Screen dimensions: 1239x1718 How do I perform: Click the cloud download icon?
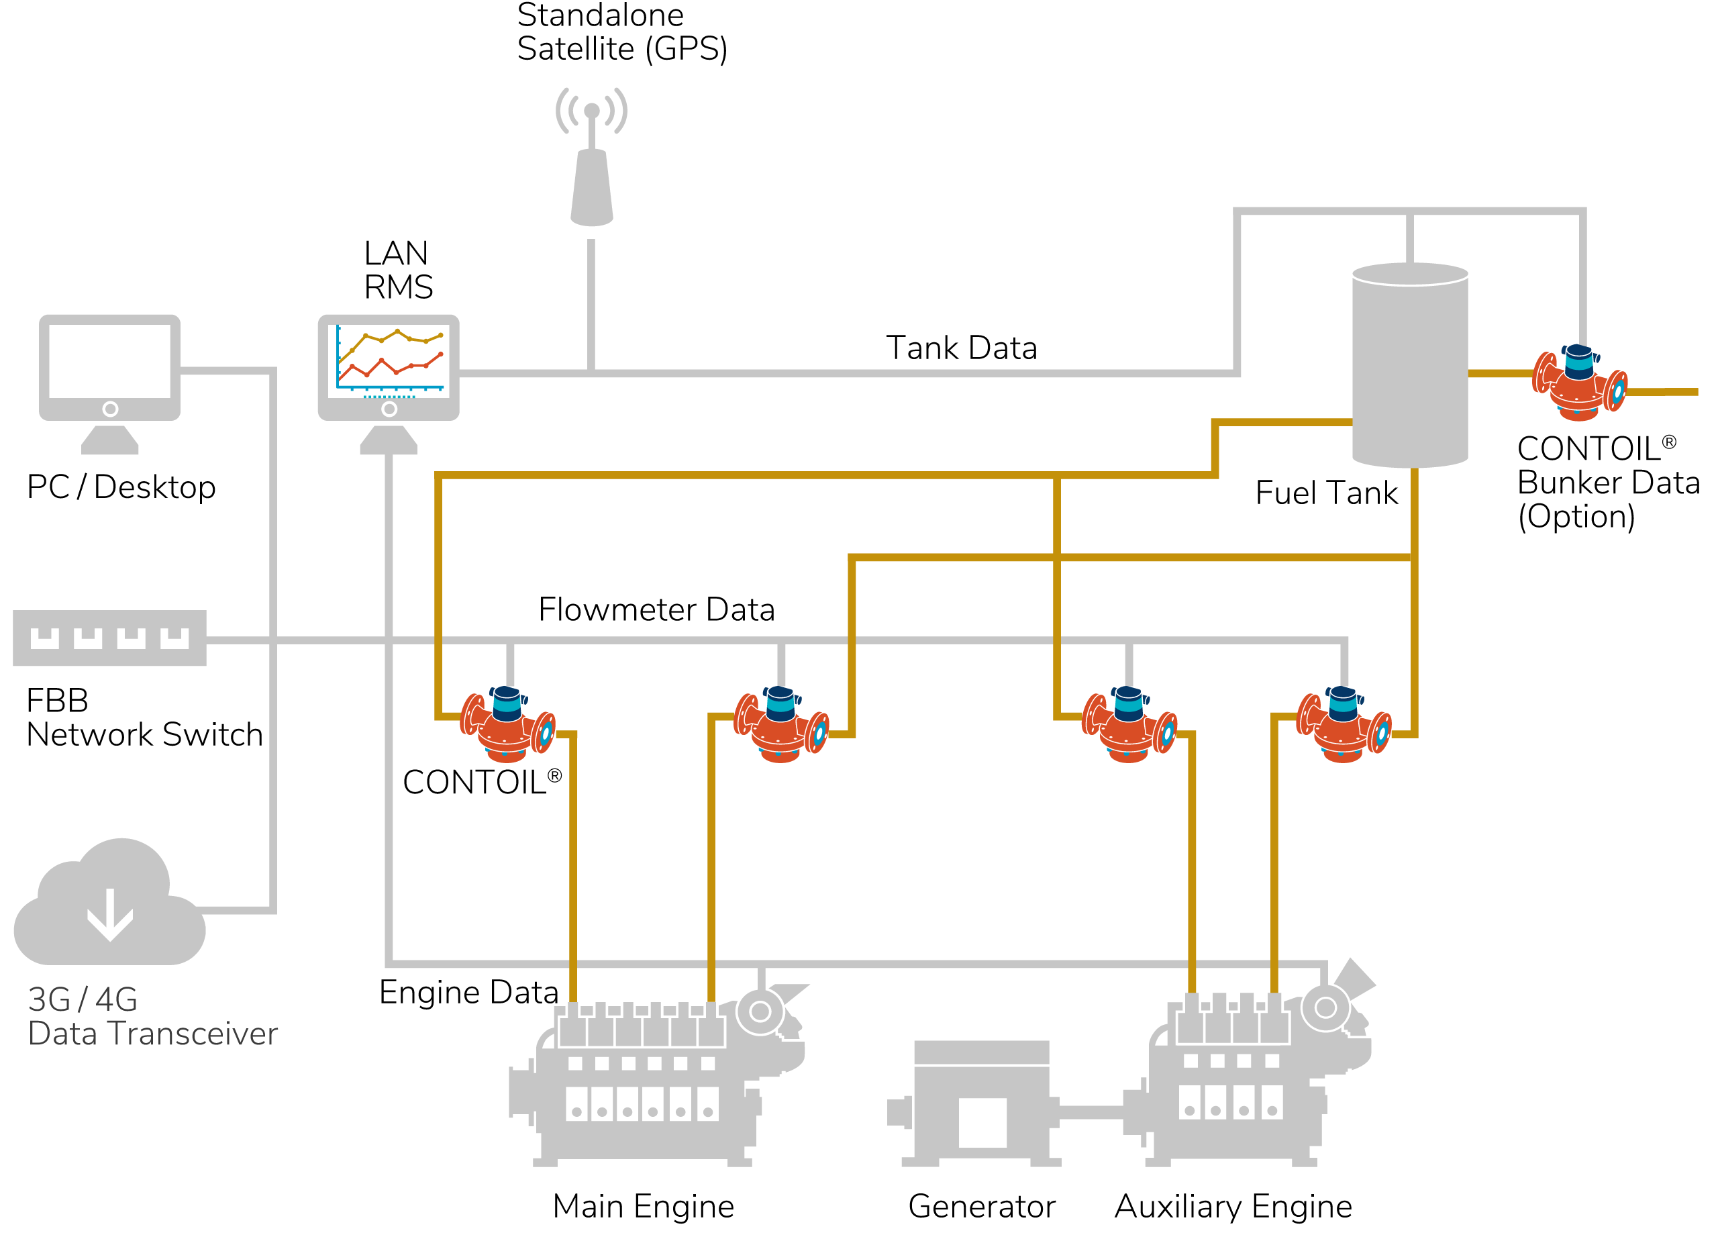tap(110, 909)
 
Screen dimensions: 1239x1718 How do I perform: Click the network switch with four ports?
tap(110, 638)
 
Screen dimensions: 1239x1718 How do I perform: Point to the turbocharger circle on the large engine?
tap(760, 1011)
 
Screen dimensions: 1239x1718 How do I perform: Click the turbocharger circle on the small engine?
tap(1325, 1008)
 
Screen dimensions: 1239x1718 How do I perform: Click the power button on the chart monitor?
tap(389, 409)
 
